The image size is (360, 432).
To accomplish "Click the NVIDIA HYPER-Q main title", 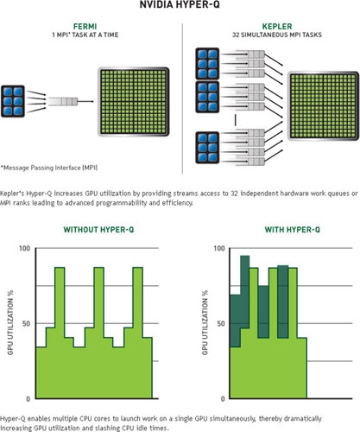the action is point(180,5).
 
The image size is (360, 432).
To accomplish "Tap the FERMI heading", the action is point(85,27).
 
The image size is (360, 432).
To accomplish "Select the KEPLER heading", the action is point(277,27).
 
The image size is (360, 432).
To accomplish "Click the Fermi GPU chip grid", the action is point(134,102).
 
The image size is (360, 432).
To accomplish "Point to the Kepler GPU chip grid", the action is point(324,105).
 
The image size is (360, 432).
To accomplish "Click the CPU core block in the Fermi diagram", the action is point(13,101).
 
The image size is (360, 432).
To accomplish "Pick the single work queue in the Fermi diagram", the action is point(63,101).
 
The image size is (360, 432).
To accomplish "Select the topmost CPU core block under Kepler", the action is point(207,64).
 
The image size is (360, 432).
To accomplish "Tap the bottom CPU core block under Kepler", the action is point(207,148).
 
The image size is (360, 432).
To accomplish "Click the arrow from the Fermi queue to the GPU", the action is point(85,101).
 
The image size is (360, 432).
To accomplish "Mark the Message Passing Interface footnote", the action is point(49,168).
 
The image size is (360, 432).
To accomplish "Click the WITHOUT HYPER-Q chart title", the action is point(98,230).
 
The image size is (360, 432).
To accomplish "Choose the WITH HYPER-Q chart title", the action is point(293,230).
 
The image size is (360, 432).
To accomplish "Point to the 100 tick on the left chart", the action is point(24,248).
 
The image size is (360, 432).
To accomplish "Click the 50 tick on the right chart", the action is point(221,323).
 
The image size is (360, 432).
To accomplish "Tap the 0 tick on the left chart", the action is point(28,399).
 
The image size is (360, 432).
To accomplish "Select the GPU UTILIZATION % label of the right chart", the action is point(205,323).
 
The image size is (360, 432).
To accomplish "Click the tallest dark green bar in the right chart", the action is point(244,292).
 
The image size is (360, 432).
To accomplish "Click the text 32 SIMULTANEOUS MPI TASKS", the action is point(277,35).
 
